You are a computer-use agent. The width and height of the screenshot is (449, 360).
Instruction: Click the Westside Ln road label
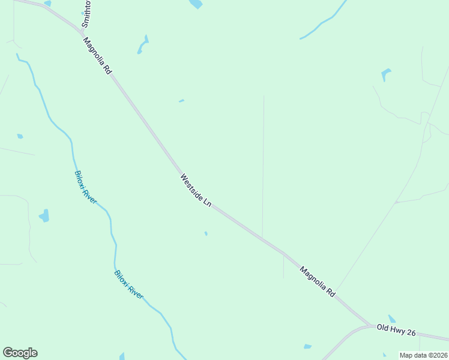coord(196,191)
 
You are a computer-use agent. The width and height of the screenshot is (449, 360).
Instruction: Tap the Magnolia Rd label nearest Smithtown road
coord(98,56)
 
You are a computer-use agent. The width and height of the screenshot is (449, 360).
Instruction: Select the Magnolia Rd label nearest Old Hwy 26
coord(317,283)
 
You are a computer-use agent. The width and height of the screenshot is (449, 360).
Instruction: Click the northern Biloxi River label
coord(85,187)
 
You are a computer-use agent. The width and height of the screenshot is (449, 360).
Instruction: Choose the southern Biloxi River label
coord(129,285)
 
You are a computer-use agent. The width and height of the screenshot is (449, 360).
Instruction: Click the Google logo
coord(20,353)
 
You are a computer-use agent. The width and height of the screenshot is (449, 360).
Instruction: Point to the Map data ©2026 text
coord(424,355)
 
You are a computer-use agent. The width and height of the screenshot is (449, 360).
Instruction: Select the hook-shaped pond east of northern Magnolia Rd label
coord(143,45)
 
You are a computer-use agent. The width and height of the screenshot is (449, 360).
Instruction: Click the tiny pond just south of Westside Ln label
coord(206,233)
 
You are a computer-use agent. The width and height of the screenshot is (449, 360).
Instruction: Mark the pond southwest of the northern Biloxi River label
coord(44,215)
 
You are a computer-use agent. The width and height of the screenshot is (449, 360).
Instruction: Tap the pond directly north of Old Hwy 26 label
coord(391,319)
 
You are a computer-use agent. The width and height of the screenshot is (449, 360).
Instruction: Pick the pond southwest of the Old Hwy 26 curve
coord(307,346)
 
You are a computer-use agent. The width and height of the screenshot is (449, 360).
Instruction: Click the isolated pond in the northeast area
coord(385,74)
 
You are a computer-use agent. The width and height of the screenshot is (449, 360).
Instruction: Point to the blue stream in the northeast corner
coord(324,23)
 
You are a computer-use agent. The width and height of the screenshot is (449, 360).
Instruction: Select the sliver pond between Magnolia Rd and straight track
coord(181,101)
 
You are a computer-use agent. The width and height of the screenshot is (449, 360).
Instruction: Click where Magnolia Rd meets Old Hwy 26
coord(371,326)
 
